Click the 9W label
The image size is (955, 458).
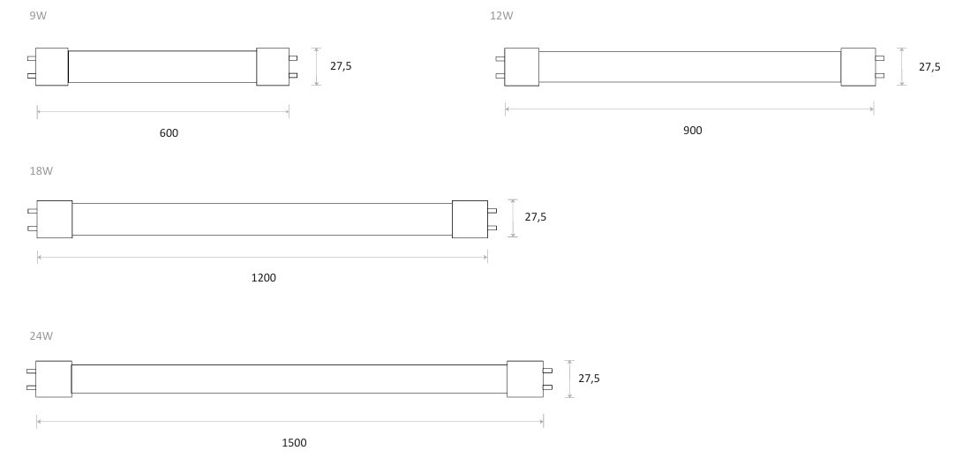click(x=38, y=16)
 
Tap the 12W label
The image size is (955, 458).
click(x=501, y=16)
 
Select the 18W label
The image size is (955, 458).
click(x=41, y=171)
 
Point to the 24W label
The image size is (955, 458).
click(x=41, y=335)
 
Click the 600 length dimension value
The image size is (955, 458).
click(x=169, y=132)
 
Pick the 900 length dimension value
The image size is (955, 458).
click(x=693, y=131)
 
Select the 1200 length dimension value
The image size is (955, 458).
click(x=264, y=278)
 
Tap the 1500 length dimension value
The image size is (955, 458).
click(x=294, y=443)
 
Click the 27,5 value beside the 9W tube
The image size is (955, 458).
click(x=341, y=66)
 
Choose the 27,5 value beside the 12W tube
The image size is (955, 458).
click(x=929, y=67)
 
